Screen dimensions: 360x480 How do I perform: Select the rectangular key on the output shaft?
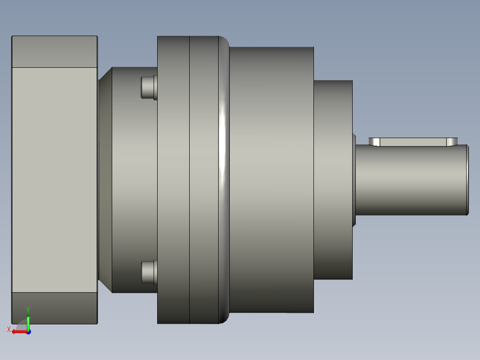click(413, 142)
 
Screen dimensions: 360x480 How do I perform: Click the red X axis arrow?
click(18, 331)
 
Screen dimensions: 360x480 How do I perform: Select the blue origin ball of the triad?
click(28, 332)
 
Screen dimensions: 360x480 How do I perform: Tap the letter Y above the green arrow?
click(28, 310)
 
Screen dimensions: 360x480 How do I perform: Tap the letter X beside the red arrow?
click(9, 329)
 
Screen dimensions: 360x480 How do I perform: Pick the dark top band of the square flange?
click(54, 52)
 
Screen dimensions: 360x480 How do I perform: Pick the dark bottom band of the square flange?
click(54, 308)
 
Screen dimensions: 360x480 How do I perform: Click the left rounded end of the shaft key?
click(374, 142)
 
